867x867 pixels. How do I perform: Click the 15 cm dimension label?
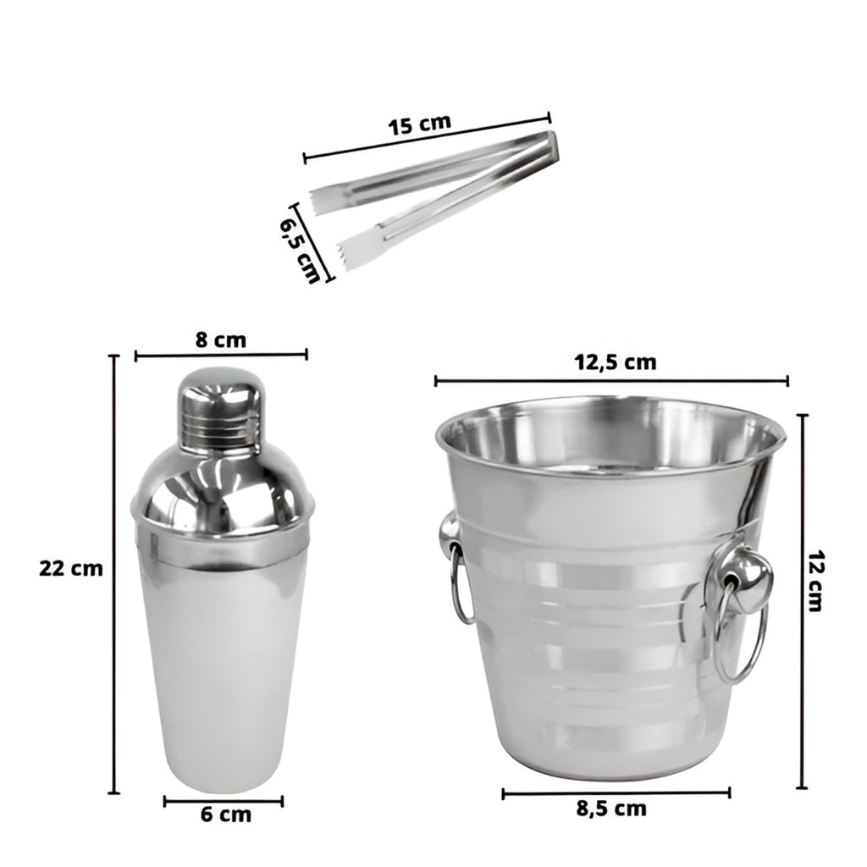coord(420,124)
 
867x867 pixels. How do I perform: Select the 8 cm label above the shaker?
coord(221,340)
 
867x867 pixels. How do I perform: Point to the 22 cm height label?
coord(71,568)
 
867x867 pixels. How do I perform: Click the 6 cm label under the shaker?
coord(225,815)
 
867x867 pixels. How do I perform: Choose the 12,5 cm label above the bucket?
coord(615,362)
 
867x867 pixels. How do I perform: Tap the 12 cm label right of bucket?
coord(816,581)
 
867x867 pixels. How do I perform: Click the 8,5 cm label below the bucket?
coord(611,809)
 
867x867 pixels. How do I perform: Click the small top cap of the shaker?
coord(219,408)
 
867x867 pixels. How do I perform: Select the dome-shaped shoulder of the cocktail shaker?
coord(223,487)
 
